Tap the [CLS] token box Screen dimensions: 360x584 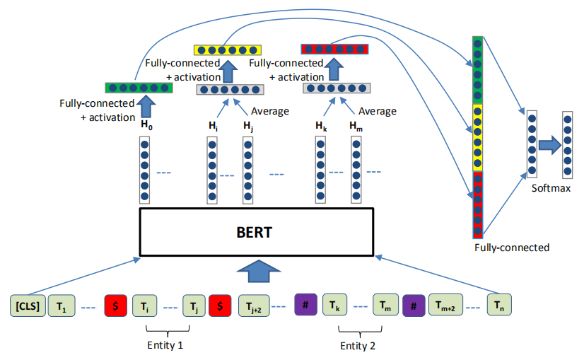click(x=27, y=306)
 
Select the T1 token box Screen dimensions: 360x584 click(x=61, y=306)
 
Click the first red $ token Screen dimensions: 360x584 click(x=115, y=306)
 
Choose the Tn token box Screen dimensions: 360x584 click(x=498, y=306)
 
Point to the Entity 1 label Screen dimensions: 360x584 click(x=168, y=344)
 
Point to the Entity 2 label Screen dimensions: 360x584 click(x=358, y=344)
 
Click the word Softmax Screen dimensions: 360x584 click(x=551, y=188)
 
